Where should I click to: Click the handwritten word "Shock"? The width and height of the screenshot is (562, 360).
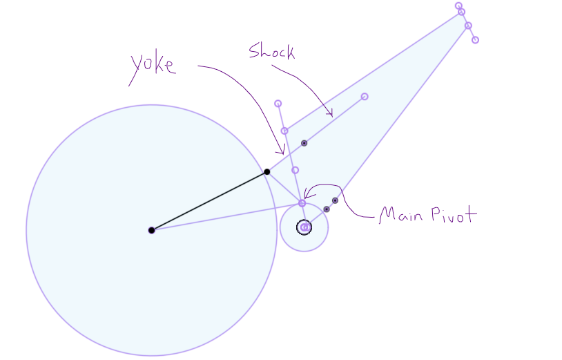(x=271, y=52)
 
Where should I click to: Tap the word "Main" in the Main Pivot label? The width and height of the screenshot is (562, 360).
(x=402, y=216)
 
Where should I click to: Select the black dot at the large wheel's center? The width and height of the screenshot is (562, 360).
(x=151, y=230)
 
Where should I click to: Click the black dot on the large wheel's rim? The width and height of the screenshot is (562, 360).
(x=267, y=171)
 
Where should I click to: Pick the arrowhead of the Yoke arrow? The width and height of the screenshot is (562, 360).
(x=282, y=152)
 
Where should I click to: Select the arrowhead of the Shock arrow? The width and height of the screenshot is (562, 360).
(x=331, y=114)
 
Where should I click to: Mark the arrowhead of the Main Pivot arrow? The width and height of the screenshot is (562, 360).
(x=307, y=196)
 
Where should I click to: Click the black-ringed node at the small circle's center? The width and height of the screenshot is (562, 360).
(x=304, y=227)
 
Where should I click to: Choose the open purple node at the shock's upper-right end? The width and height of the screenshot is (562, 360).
(x=365, y=97)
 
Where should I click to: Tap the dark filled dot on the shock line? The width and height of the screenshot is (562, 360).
(x=304, y=143)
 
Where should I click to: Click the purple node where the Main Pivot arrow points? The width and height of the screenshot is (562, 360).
(x=302, y=203)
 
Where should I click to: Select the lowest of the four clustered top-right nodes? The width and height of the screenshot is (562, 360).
(x=475, y=40)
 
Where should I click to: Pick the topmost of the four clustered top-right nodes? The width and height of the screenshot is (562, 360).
(x=458, y=6)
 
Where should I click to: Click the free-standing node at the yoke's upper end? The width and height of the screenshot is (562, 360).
(x=278, y=104)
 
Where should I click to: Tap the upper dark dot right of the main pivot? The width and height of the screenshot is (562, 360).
(x=335, y=200)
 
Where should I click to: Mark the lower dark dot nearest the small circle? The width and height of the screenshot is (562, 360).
(x=327, y=209)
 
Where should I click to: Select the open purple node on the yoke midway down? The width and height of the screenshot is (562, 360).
(x=295, y=170)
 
